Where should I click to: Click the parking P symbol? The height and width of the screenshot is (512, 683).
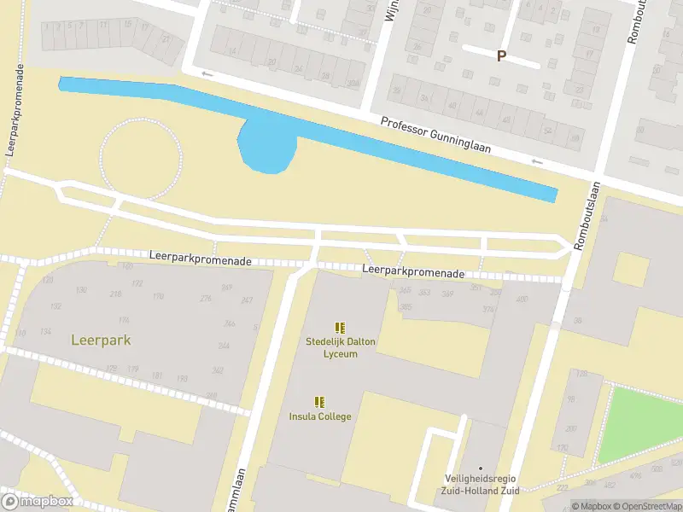tap(501, 55)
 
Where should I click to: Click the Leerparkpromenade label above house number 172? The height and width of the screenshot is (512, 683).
tap(201, 257)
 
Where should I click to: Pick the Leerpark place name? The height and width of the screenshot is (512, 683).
tap(101, 340)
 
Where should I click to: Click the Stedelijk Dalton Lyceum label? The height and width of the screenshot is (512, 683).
tap(341, 347)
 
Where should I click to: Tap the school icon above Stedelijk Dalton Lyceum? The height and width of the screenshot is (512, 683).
tap(341, 327)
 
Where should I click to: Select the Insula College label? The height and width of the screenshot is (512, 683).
tap(319, 416)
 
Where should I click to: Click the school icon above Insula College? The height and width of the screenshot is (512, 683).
tap(319, 401)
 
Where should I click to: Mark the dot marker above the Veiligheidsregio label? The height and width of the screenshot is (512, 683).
tap(481, 468)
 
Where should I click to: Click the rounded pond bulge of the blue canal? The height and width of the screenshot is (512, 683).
tap(267, 148)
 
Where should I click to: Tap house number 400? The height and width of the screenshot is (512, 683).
tap(522, 299)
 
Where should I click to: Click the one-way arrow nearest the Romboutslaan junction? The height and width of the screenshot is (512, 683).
tap(537, 161)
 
